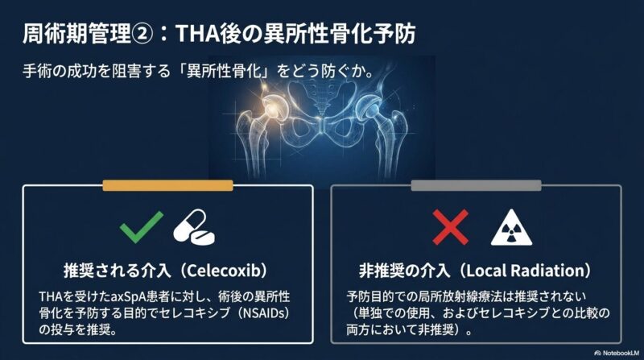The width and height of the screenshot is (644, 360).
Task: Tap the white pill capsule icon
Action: (194, 228)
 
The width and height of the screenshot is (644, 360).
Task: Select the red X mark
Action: (450, 227)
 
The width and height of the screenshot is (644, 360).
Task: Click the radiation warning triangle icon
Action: (511, 228)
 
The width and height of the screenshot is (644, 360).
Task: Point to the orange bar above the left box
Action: (167, 185)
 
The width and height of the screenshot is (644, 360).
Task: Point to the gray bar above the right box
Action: (476, 185)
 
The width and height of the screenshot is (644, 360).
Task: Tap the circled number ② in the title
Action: (142, 34)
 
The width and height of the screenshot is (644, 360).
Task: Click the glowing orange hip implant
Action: (272, 106)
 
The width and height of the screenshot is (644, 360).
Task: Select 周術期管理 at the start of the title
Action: (76, 34)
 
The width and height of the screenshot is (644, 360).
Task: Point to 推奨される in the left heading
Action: (106, 271)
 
